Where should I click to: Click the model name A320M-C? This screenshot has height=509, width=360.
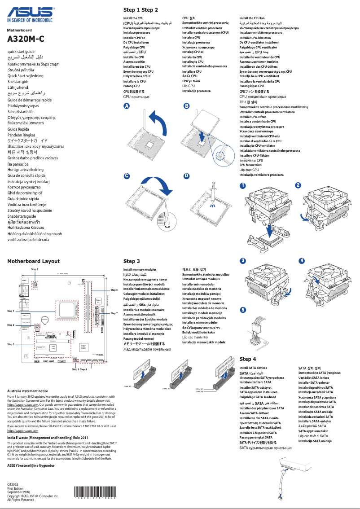pos(26,39)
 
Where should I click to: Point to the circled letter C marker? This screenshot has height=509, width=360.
pos(127,176)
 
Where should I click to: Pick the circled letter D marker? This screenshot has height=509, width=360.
pos(186,176)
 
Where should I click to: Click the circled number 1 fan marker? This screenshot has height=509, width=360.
pos(243,185)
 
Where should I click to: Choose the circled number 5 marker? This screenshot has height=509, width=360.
pos(243,310)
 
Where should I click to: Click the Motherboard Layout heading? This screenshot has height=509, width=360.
pos(33,261)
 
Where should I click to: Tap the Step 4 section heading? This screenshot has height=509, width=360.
pos(248,359)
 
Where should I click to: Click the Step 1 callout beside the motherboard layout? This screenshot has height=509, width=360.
pos(11,311)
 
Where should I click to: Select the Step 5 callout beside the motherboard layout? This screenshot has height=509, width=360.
pos(11,344)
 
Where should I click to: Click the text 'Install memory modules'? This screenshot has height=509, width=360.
pos(140,270)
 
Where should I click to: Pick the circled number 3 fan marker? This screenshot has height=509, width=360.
pos(243,261)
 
